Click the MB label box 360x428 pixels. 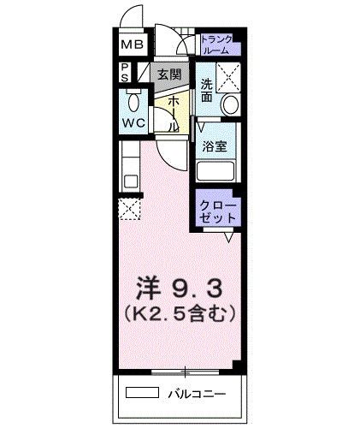tap(133, 45)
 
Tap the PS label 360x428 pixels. tap(125, 73)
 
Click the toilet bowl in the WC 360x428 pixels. tap(133, 103)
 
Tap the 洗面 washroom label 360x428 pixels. tap(207, 91)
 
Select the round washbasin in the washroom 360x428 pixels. tap(228, 105)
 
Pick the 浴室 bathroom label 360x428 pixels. tap(214, 146)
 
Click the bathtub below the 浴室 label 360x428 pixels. tap(217, 171)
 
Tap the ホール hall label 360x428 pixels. tap(173, 113)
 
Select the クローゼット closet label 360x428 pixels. tap(217, 212)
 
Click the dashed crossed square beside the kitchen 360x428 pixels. tap(130, 208)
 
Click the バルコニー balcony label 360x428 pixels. tap(205, 395)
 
